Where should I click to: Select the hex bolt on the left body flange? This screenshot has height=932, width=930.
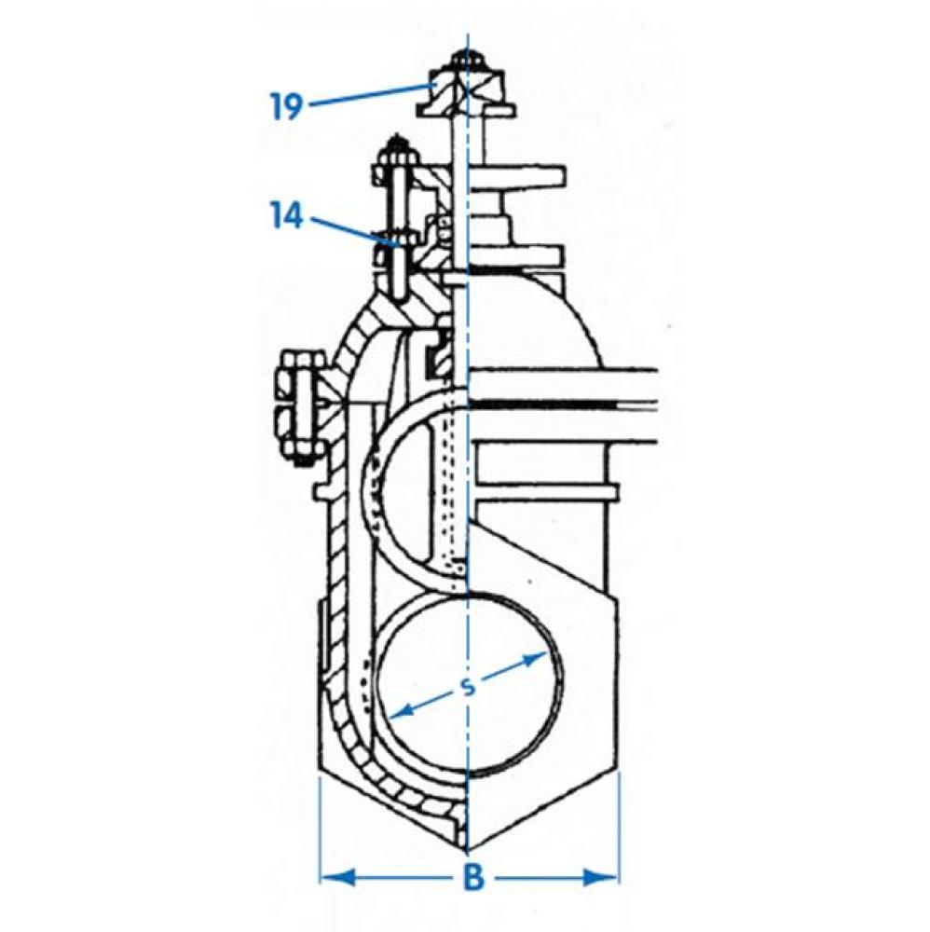[296, 406]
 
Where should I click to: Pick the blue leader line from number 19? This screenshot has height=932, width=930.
[368, 95]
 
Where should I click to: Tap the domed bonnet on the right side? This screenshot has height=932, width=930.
[559, 317]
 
